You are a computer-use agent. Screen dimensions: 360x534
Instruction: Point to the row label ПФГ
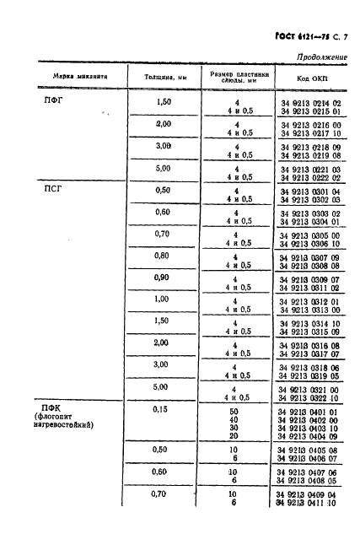tap(52, 102)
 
